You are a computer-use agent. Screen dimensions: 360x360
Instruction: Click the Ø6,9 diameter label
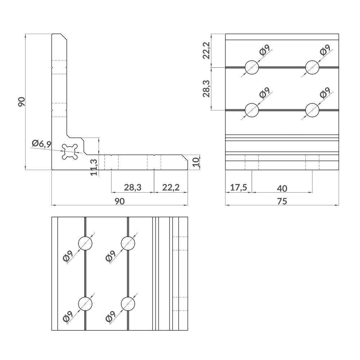point(41,144)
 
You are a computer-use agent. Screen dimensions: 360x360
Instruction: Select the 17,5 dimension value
point(238,188)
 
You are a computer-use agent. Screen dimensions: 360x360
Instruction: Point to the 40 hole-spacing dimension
point(282,188)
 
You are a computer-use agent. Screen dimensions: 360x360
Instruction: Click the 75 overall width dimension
point(282,201)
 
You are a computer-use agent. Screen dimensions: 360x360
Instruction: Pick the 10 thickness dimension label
point(195,162)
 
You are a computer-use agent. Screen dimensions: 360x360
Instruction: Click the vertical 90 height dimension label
point(21,102)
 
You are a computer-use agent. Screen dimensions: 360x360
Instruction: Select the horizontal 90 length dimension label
point(120,201)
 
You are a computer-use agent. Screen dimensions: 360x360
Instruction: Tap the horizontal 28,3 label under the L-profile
point(132,188)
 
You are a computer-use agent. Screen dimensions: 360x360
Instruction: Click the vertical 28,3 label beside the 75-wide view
point(206,88)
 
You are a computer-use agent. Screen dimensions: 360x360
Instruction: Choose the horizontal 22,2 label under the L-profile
point(171,188)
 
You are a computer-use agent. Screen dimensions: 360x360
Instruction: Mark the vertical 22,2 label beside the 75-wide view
point(206,50)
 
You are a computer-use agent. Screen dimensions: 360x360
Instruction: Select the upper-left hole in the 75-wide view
point(252,67)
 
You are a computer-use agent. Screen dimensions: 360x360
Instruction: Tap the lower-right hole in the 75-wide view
point(312,110)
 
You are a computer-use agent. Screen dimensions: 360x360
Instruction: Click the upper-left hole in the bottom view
point(85,243)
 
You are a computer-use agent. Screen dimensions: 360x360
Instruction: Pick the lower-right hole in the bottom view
point(128,304)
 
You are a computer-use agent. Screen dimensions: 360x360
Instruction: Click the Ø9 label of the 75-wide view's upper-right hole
point(325,50)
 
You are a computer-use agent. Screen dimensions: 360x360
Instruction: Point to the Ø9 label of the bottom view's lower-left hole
point(68,317)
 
